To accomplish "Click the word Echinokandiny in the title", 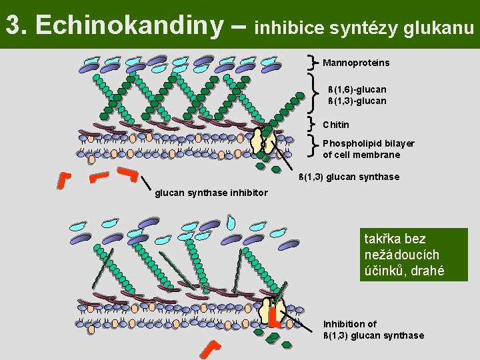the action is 129,25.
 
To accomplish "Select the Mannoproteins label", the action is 356,63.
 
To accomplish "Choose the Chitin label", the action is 335,125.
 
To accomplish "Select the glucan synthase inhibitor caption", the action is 211,193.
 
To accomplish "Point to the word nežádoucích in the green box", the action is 402,255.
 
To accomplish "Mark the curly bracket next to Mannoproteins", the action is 314,62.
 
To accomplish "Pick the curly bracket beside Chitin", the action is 314,123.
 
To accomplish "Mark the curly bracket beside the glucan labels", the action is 314,93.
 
